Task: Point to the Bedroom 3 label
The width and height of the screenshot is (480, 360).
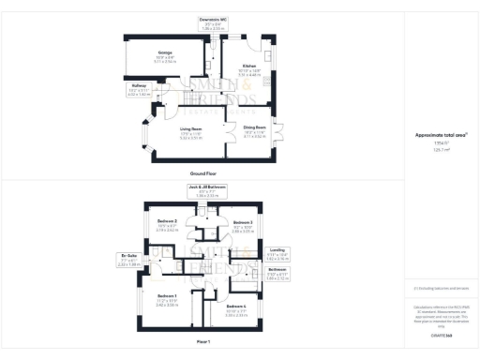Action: [x=242, y=221]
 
